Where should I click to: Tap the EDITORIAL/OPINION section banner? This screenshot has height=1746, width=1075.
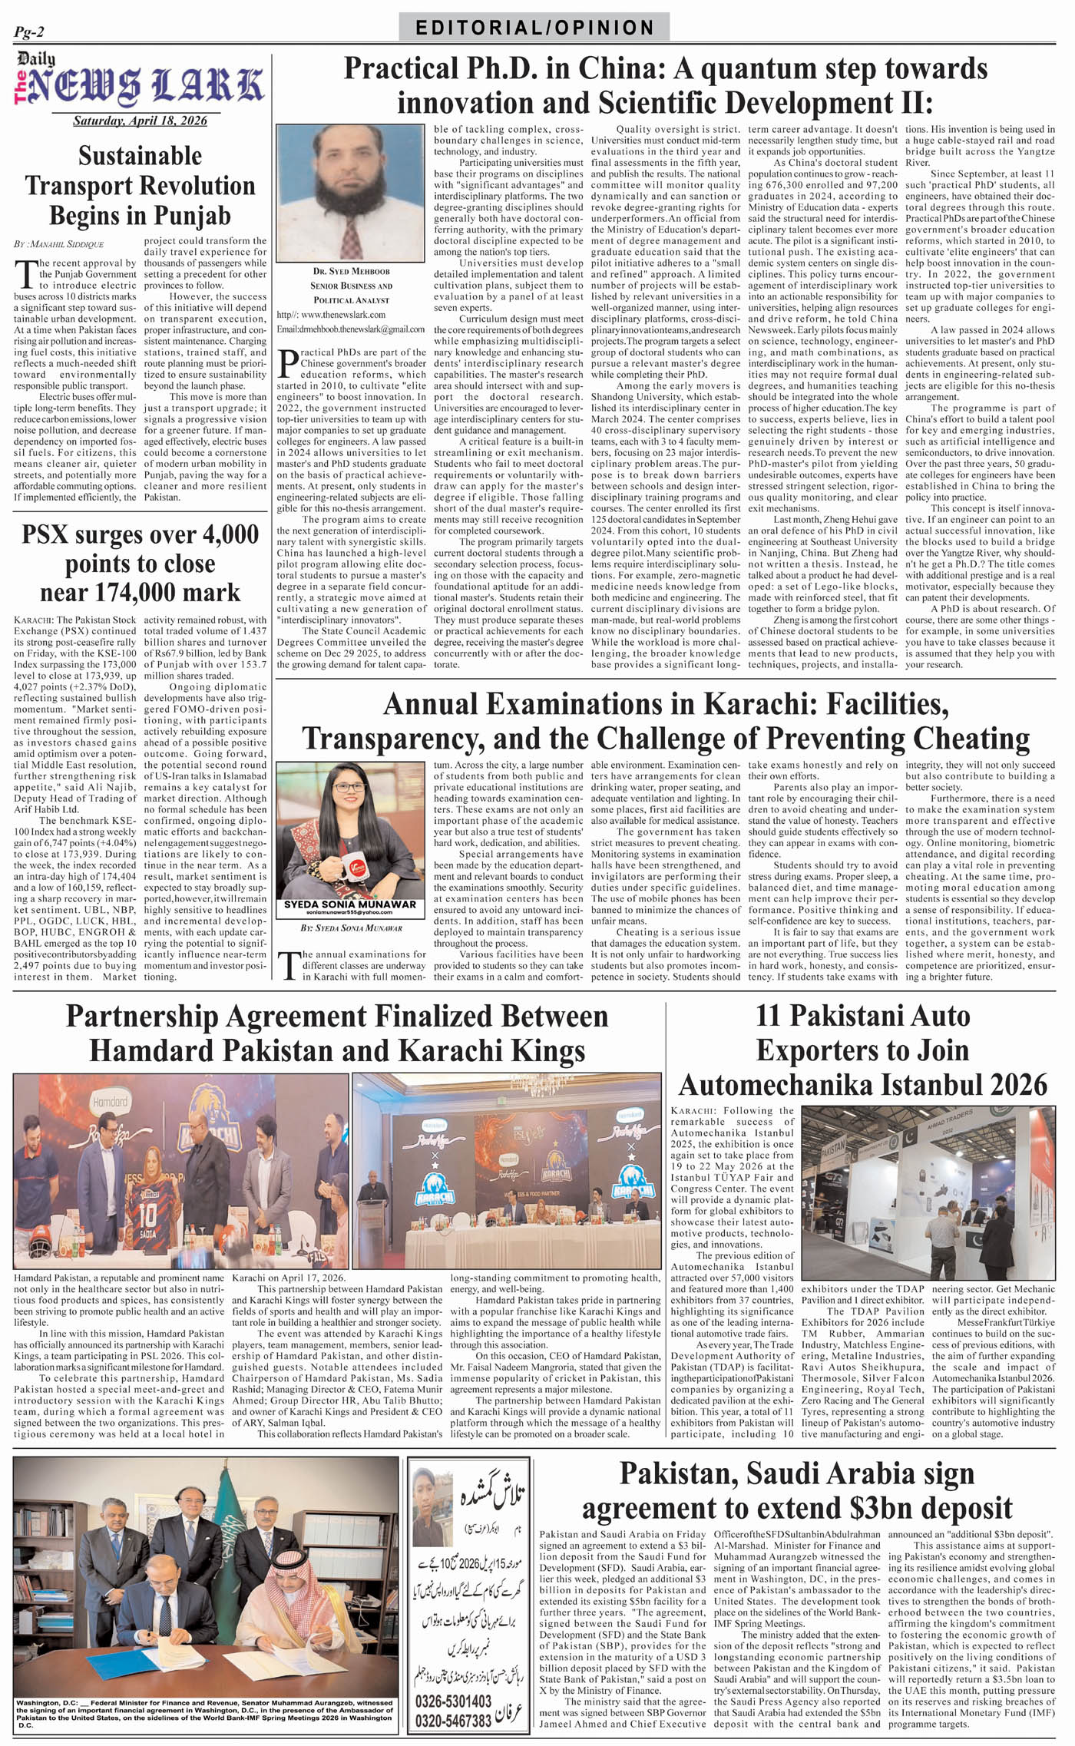pyautogui.click(x=534, y=28)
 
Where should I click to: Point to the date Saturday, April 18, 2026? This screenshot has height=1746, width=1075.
pyautogui.click(x=140, y=121)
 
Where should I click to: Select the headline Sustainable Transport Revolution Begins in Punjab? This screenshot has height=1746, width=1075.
pyautogui.click(x=140, y=186)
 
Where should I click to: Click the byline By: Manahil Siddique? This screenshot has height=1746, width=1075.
pyautogui.click(x=58, y=244)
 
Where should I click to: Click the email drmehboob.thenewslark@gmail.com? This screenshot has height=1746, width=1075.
pyautogui.click(x=351, y=329)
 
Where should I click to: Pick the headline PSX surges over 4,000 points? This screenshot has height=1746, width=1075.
pyautogui.click(x=140, y=564)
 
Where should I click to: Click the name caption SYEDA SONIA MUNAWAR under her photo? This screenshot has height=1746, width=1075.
pyautogui.click(x=350, y=904)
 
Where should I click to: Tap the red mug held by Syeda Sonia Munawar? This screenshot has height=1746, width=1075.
pyautogui.click(x=354, y=866)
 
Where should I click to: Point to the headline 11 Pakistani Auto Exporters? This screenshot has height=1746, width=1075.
pyautogui.click(x=862, y=1050)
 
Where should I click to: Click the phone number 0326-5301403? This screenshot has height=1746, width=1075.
pyautogui.click(x=453, y=1701)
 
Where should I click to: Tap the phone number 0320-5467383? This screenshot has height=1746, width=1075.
pyautogui.click(x=453, y=1721)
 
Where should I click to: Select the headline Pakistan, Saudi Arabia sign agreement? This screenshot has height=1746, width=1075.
pyautogui.click(x=796, y=1490)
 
